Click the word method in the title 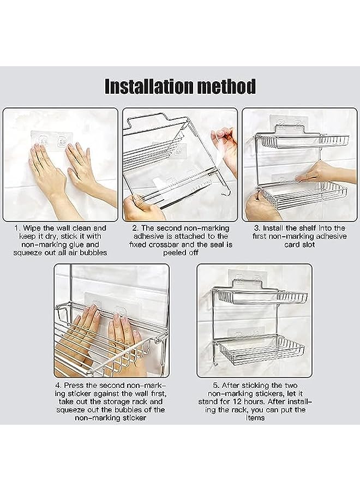pyautogui.click(x=228, y=86)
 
